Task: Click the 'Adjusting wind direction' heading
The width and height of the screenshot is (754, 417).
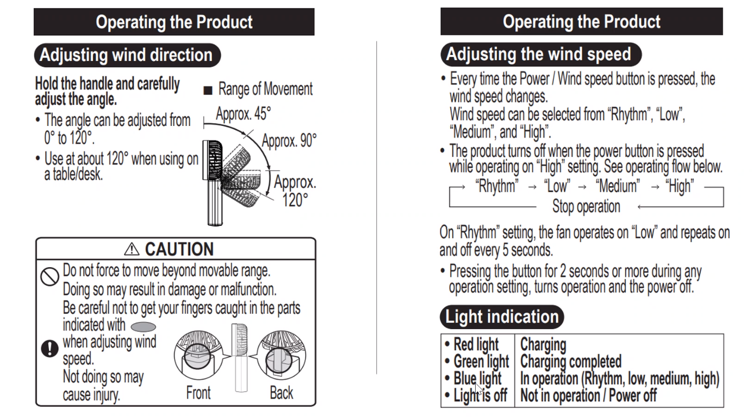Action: point(126,55)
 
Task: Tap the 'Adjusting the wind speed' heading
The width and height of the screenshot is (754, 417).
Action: point(538,54)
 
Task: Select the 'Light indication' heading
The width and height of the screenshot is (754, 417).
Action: point(502,317)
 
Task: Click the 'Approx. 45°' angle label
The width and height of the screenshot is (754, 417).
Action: point(243,114)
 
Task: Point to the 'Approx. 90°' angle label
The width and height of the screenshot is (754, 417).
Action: point(289,141)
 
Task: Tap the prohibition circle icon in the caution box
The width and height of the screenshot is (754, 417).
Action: point(50,276)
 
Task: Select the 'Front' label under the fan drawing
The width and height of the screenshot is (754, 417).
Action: point(198,393)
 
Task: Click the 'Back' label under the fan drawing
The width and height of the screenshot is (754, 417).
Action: point(281,393)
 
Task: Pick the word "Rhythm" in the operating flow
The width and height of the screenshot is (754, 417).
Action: point(496,186)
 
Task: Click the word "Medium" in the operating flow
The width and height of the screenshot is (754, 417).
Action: point(617,186)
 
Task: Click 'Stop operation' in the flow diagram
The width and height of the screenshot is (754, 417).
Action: point(586,207)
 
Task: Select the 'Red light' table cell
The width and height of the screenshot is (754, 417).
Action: point(476,344)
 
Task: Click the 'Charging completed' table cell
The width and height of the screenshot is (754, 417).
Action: point(571,361)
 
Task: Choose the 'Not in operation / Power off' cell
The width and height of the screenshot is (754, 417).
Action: point(588,395)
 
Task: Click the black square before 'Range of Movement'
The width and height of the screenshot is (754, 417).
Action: point(207,91)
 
